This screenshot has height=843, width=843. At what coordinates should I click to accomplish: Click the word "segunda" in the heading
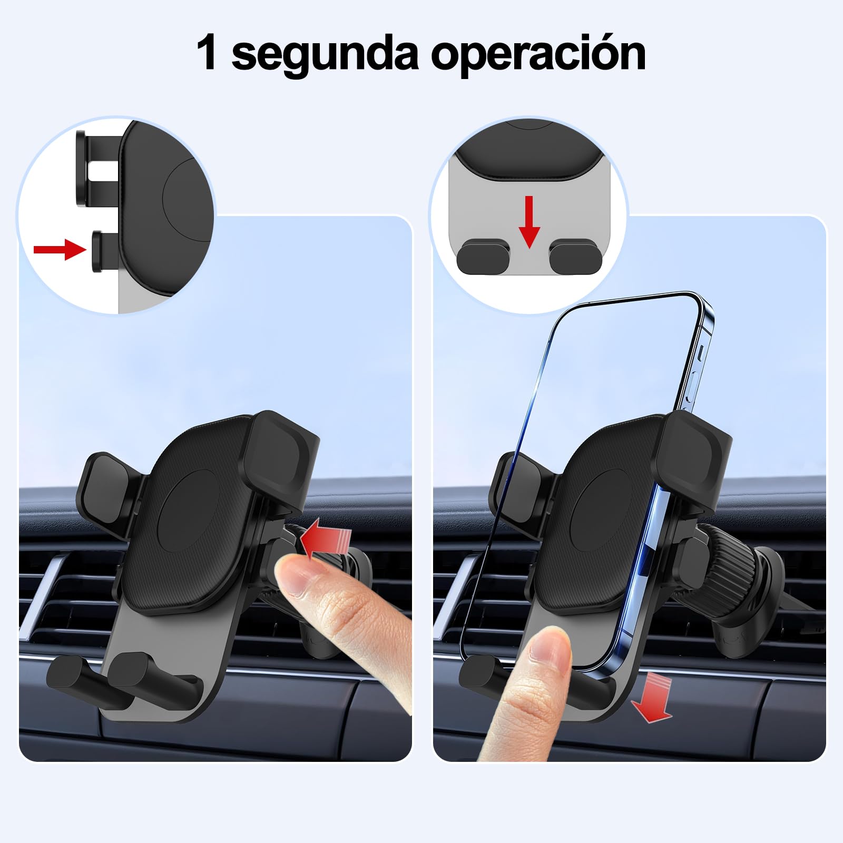pos(325,55)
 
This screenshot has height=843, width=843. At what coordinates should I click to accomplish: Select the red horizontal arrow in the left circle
pos(59,249)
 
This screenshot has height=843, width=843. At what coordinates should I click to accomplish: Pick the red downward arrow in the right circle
pos(530,222)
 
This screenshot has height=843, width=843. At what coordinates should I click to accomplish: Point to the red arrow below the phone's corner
pos(652,697)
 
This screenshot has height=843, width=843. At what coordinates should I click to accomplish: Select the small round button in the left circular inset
pos(98,251)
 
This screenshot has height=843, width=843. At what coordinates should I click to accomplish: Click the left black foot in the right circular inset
pos(483,256)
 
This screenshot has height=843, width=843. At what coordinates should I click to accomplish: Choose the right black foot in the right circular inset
pos(576,256)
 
